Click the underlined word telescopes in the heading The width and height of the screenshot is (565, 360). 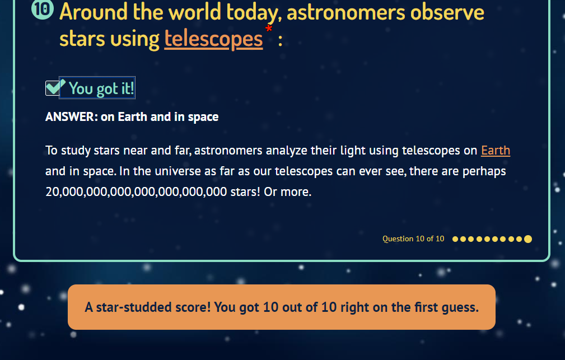pyautogui.click(x=213, y=39)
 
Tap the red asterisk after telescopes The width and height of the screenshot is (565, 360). pyautogui.click(x=269, y=29)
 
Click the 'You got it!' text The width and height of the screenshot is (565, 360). pyautogui.click(x=101, y=88)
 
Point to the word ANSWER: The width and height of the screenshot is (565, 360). pyautogui.click(x=71, y=117)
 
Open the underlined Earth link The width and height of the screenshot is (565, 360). pyautogui.click(x=496, y=150)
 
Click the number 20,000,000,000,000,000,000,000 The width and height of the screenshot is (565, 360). pyautogui.click(x=136, y=191)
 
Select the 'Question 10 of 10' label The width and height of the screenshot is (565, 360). pyautogui.click(x=413, y=239)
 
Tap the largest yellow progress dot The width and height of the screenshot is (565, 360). pyautogui.click(x=528, y=239)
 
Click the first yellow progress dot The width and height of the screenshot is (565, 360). pyautogui.click(x=455, y=239)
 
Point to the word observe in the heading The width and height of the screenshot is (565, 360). pyautogui.click(x=447, y=12)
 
